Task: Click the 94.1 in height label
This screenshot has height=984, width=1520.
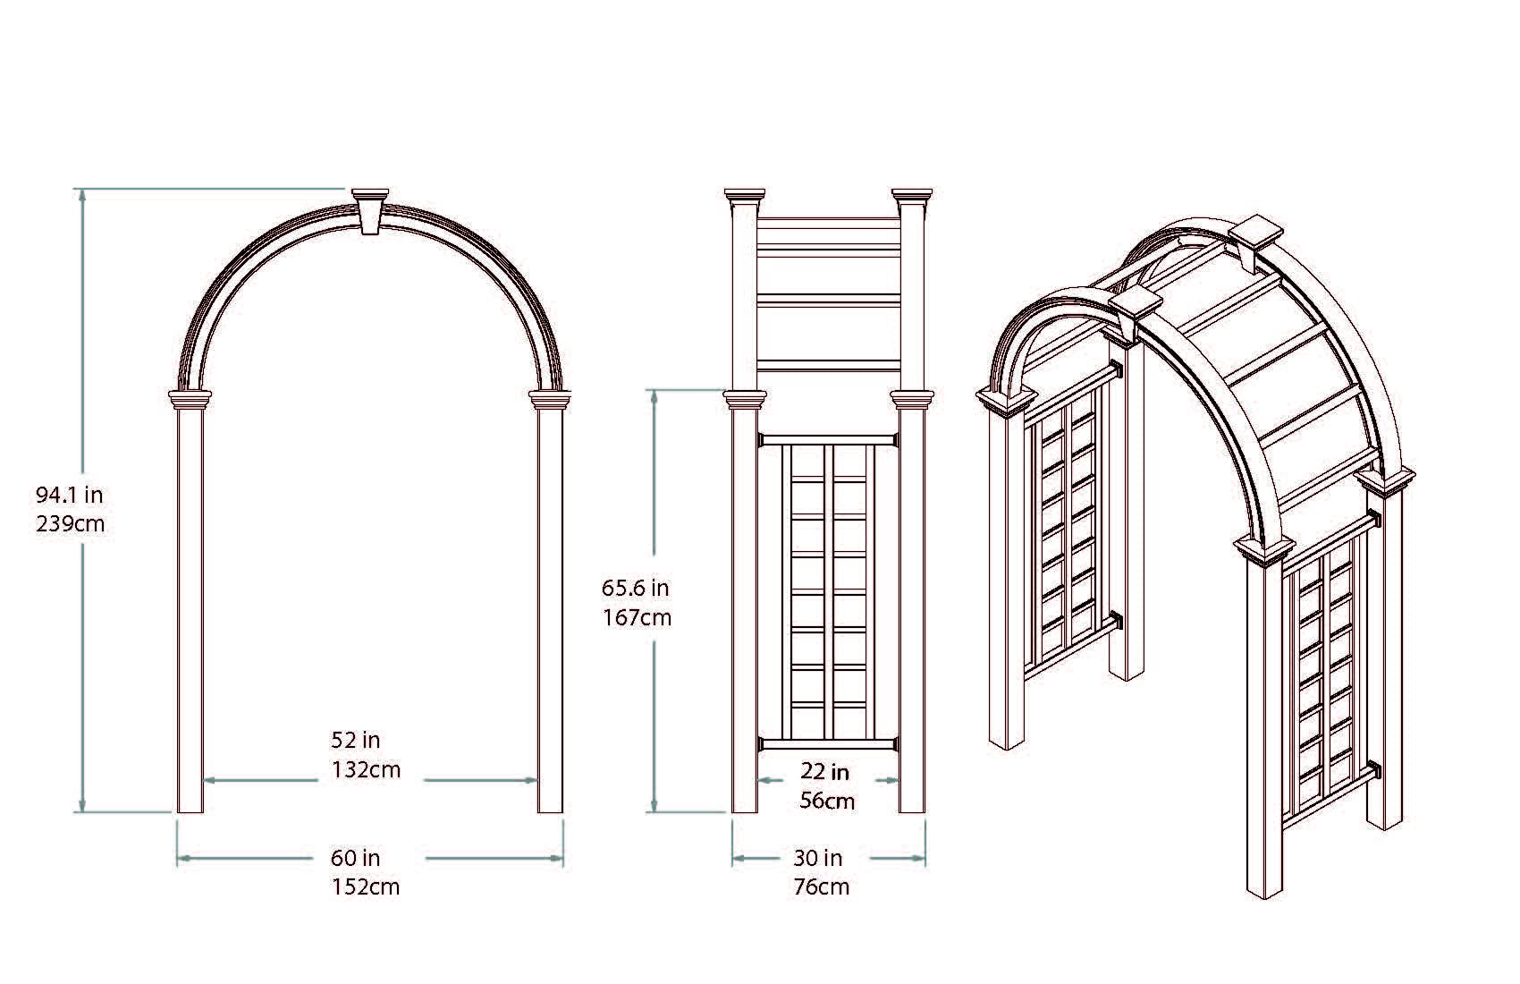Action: (x=69, y=494)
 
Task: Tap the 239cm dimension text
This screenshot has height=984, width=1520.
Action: (x=70, y=523)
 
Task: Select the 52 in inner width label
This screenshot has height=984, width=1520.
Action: (x=356, y=740)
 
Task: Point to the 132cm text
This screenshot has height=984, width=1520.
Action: (x=366, y=769)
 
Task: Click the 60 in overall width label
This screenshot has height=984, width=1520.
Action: (x=356, y=858)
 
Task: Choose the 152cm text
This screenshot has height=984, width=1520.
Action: (x=366, y=886)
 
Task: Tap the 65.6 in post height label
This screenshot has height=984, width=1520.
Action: (x=635, y=588)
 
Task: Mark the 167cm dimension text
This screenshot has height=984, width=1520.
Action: (x=637, y=617)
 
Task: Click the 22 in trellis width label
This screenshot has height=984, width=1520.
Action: (x=824, y=771)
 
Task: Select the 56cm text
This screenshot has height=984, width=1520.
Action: (x=827, y=801)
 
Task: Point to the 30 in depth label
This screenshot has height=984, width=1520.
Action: (x=818, y=858)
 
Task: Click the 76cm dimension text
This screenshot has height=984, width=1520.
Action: (x=821, y=886)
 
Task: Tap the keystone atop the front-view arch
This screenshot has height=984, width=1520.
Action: (x=371, y=210)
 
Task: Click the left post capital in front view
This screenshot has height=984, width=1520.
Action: (x=191, y=399)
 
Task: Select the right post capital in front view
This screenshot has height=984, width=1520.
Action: (x=549, y=399)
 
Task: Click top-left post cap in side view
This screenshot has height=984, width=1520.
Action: (x=745, y=196)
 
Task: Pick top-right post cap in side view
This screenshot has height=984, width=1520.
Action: (x=912, y=196)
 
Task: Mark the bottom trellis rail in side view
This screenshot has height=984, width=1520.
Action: (x=828, y=743)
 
